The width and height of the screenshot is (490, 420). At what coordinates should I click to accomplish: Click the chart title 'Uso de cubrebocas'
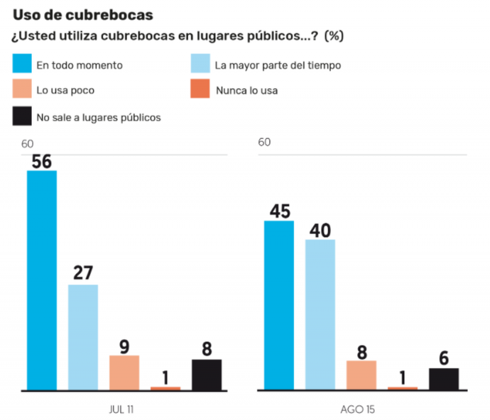[x=83, y=13]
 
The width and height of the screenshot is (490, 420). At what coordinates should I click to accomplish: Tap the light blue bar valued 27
[x=83, y=337]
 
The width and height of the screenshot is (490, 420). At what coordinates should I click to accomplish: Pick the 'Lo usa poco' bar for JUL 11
[x=124, y=372]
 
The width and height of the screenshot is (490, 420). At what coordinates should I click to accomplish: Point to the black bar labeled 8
[x=206, y=375]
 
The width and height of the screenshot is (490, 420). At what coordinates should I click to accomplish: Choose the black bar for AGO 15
[x=443, y=379]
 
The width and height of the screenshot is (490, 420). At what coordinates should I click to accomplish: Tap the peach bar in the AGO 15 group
[x=361, y=375]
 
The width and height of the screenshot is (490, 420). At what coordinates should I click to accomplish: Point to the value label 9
[x=124, y=347]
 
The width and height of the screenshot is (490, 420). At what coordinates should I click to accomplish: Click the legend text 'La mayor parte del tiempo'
[x=277, y=64]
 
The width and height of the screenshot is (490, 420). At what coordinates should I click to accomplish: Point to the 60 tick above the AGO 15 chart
[x=264, y=143]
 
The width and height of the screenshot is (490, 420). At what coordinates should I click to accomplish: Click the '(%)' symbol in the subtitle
[x=334, y=36]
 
